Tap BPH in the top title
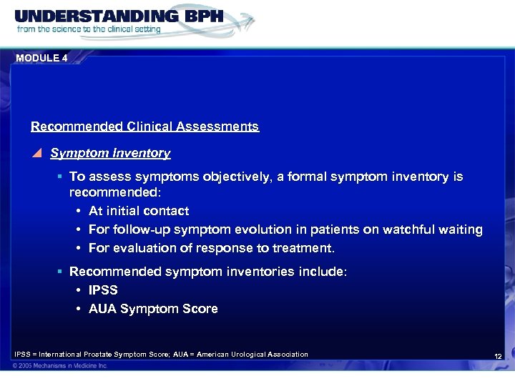(197, 16)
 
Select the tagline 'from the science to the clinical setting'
(89, 30)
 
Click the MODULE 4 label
(41, 58)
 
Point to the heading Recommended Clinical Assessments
(144, 127)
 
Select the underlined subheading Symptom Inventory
(110, 153)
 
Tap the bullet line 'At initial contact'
(139, 211)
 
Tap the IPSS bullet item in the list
(103, 290)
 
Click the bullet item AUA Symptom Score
(153, 309)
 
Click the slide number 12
(498, 356)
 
